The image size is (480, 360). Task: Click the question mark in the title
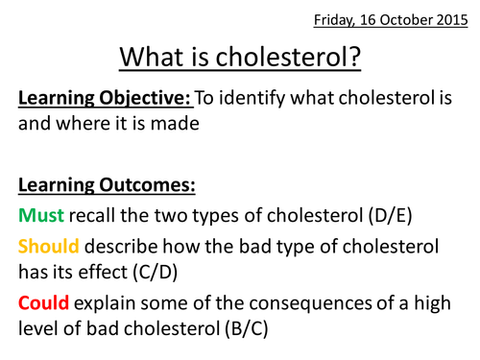[355, 60]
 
